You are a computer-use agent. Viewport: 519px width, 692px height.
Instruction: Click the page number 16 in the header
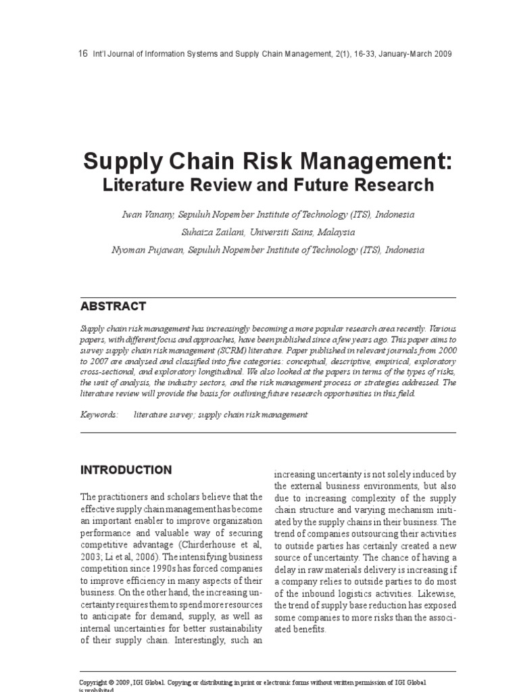click(x=83, y=54)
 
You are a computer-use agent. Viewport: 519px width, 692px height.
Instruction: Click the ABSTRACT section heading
click(x=113, y=307)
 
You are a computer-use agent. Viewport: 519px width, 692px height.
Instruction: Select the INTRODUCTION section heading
click(x=126, y=470)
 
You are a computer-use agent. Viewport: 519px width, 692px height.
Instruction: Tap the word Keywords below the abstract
click(x=99, y=415)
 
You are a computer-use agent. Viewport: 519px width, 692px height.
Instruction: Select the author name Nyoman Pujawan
click(x=141, y=249)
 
